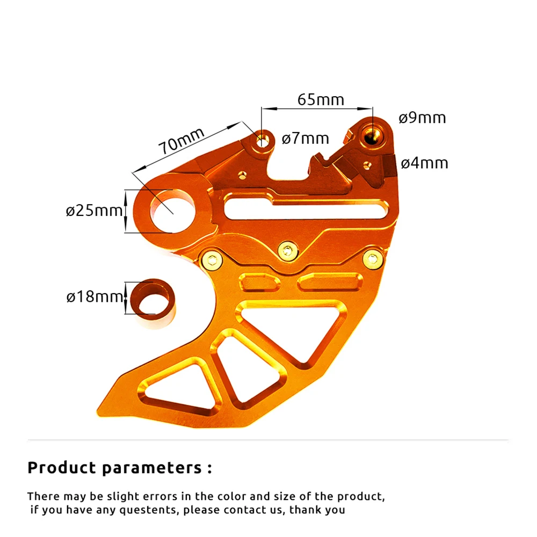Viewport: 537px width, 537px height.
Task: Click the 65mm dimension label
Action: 321,99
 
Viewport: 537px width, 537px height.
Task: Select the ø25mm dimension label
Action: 95,211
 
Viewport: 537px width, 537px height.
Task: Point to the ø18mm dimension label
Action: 95,296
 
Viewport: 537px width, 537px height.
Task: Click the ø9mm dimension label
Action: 422,118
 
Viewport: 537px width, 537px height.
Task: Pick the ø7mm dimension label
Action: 305,139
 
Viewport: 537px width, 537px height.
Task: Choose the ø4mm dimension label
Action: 424,163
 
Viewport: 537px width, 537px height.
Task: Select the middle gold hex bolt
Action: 288,250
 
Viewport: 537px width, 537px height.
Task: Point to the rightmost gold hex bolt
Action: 374,260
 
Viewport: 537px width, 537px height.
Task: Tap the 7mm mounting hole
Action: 263,141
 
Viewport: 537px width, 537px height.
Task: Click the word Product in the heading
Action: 61,468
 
